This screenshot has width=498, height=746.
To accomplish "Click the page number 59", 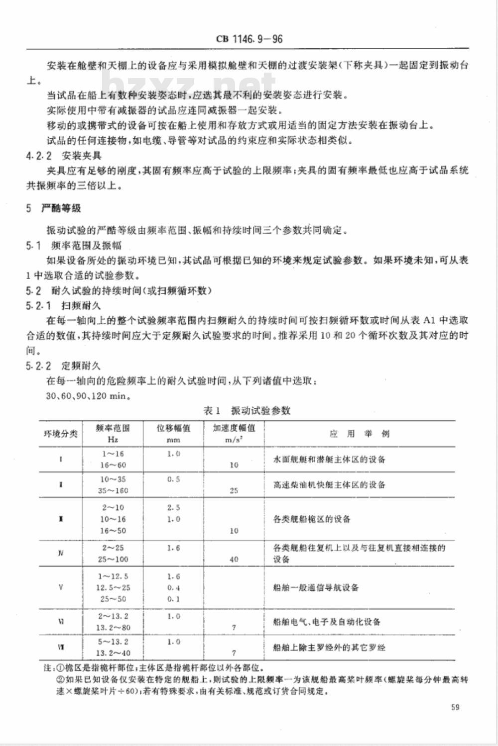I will click(x=454, y=707).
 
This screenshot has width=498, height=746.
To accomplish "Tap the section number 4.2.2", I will click(x=39, y=156).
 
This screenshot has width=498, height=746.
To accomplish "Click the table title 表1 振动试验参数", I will click(x=247, y=411).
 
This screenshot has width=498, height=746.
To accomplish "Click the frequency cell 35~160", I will click(x=113, y=490).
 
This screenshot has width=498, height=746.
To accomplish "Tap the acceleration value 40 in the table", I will click(x=234, y=559).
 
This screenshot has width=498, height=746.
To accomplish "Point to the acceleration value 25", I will click(x=234, y=490).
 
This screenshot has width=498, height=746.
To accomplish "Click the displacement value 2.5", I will click(x=174, y=508).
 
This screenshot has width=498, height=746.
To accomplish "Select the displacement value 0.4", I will click(x=174, y=587).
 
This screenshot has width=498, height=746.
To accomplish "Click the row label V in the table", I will click(x=61, y=587).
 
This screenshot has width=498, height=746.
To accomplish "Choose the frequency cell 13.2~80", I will click(x=113, y=628).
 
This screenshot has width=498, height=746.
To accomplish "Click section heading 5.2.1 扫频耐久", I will click(x=64, y=305).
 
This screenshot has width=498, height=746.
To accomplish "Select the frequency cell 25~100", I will click(x=113, y=559).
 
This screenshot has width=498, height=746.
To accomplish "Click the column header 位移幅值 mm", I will click(x=174, y=434).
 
